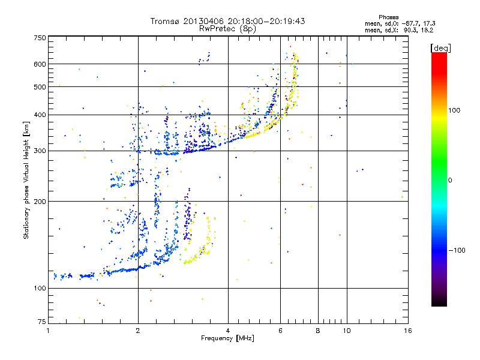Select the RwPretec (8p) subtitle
tap(227, 28)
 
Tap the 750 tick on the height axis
tap(39, 38)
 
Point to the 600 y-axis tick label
tap(39, 64)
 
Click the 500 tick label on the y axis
tap(39, 87)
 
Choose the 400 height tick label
tap(39, 115)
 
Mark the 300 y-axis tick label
tap(39, 151)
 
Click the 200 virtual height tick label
tap(39, 201)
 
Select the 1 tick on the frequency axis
tap(48, 331)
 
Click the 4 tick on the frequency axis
tap(228, 331)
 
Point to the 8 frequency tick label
tap(318, 331)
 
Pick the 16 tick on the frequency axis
tap(407, 331)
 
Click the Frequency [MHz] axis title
tap(227, 338)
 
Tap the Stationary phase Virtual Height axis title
tap(26, 181)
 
